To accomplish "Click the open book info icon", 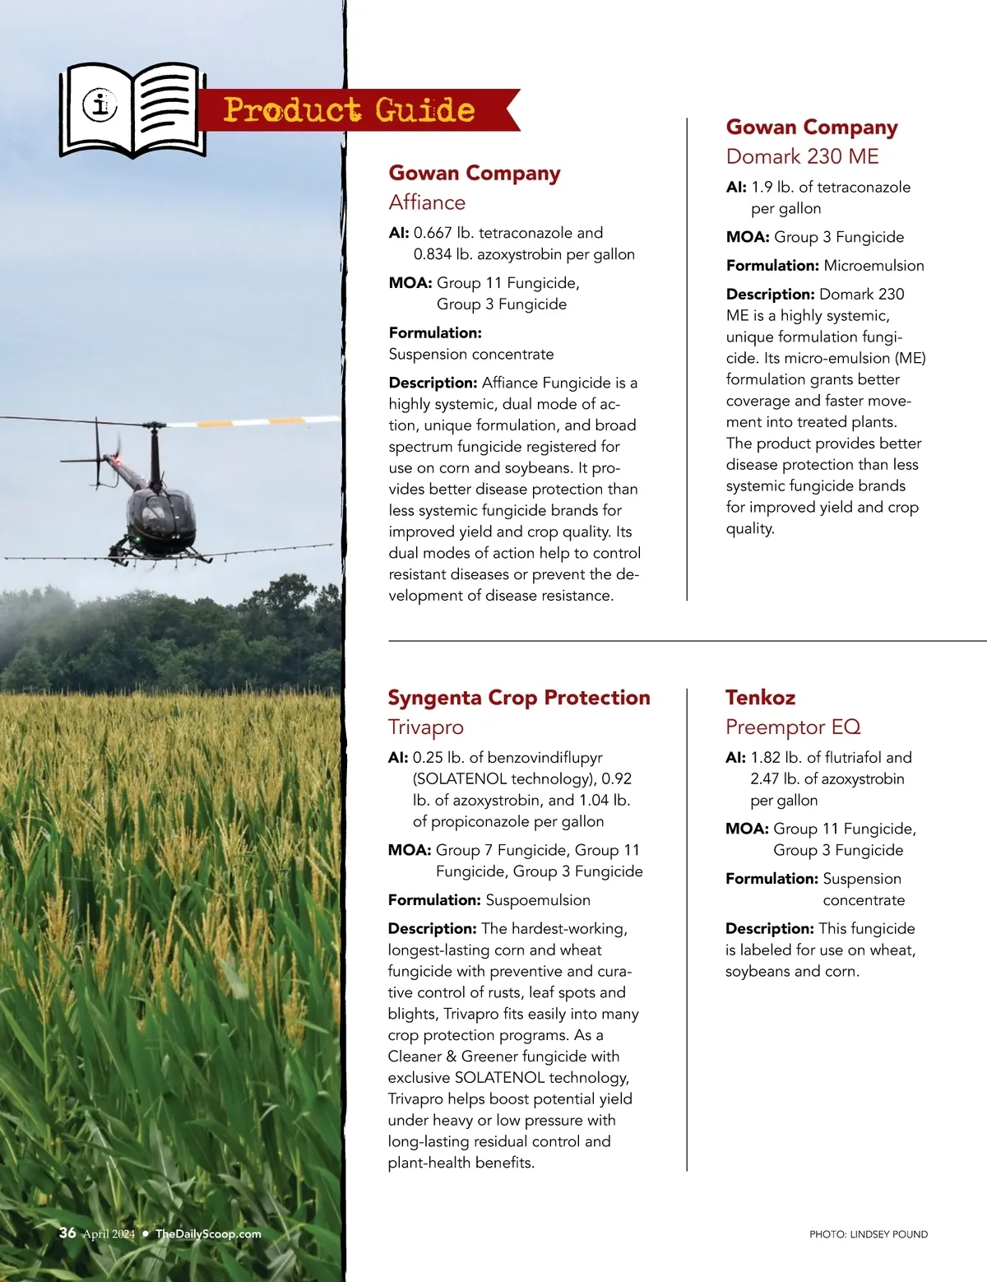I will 132,109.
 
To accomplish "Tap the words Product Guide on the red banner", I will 349,109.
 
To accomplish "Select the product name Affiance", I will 427,202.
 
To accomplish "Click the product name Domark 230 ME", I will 802,156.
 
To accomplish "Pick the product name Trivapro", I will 425,727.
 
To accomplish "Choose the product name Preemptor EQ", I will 792,727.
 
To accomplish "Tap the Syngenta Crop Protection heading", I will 518,698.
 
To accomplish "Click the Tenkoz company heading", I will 760,698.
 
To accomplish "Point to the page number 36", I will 67,1233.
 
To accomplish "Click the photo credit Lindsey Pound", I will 869,1234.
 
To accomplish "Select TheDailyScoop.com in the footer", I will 208,1233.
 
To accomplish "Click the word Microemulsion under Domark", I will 873,266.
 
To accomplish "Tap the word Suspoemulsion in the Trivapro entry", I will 537,900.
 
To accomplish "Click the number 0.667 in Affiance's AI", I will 433,233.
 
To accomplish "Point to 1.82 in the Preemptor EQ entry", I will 765,758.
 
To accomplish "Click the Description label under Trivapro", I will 432,929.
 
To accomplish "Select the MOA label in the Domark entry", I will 747,237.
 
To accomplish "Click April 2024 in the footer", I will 109,1233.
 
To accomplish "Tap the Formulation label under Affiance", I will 435,333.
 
